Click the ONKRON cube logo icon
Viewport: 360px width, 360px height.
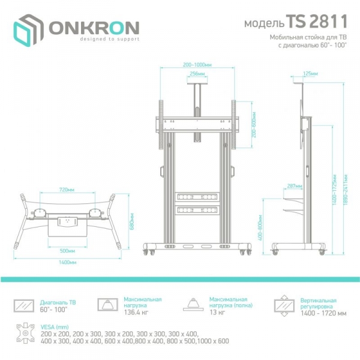tap(28, 30)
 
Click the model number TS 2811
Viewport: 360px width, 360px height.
tap(317, 22)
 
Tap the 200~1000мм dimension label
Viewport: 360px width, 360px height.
tap(197, 65)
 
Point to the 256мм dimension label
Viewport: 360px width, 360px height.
tap(197, 74)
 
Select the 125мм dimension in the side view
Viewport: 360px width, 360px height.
tap(310, 73)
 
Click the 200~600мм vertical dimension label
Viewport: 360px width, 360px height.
tap(254, 125)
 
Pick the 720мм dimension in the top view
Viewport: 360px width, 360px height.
tap(67, 190)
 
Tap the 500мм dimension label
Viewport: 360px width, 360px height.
tap(67, 251)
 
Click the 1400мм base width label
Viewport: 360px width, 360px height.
tap(67, 262)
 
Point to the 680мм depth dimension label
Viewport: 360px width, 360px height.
tap(132, 221)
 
